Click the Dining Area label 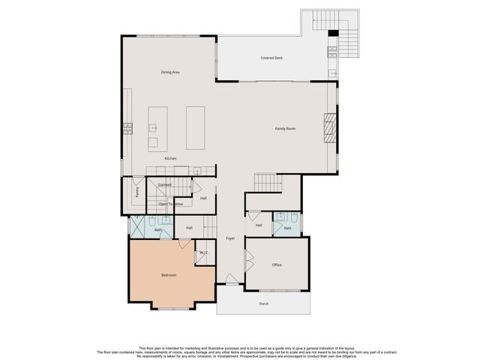click(x=169, y=72)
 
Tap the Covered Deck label click(x=271, y=58)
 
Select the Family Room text click(x=285, y=129)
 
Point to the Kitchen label click(x=170, y=158)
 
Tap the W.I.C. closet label click(x=203, y=254)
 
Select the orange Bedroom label click(x=169, y=275)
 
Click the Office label click(x=277, y=265)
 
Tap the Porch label click(x=263, y=304)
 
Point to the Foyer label click(x=230, y=238)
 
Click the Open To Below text click(x=170, y=204)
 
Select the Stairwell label click(x=164, y=184)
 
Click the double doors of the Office click(x=248, y=264)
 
